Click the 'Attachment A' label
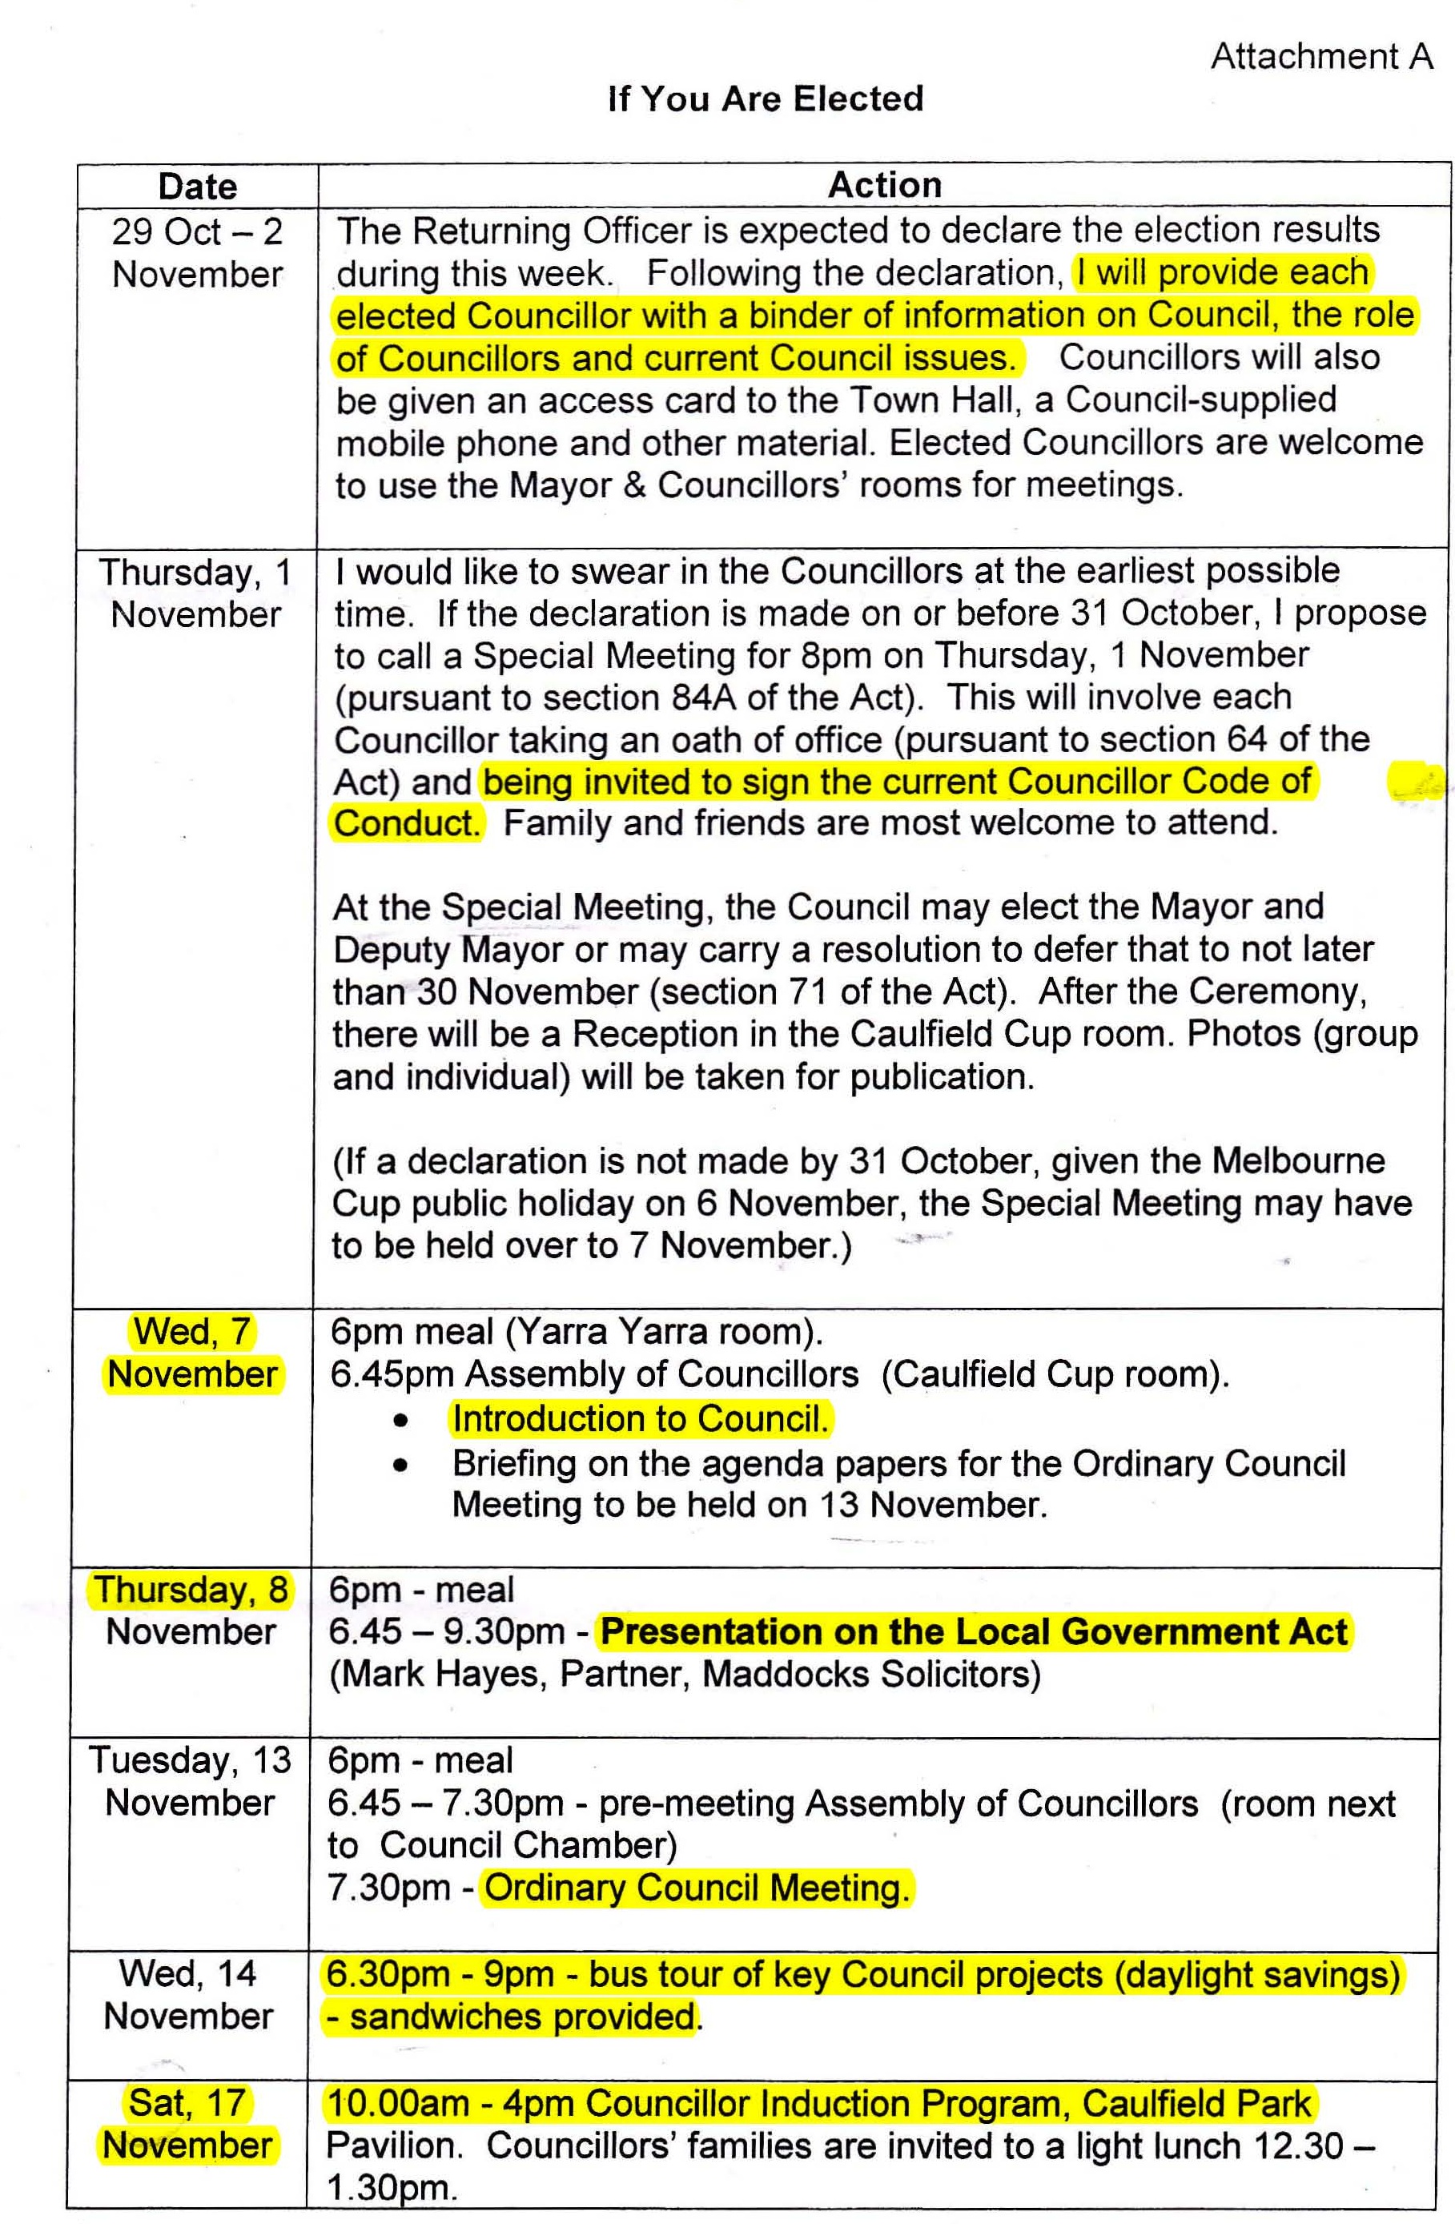(1320, 57)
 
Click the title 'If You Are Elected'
(766, 99)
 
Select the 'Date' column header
(197, 186)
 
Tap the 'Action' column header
(884, 185)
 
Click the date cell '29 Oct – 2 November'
(197, 252)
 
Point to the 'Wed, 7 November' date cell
(192, 1352)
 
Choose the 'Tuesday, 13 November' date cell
(190, 1781)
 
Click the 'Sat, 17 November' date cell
(187, 2123)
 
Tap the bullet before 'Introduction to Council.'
(401, 1422)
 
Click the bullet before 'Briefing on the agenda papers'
(401, 1466)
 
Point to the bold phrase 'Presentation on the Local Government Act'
(974, 1631)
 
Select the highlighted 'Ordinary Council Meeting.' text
(696, 1888)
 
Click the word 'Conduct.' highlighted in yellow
(407, 823)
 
